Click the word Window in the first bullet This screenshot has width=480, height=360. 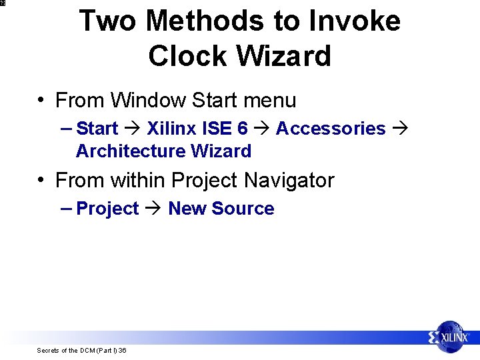[x=148, y=101]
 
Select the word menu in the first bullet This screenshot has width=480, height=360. [x=269, y=101]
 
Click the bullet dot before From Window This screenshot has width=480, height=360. [x=42, y=101]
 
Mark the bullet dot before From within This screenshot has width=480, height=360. [x=42, y=181]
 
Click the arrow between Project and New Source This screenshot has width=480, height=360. [x=153, y=209]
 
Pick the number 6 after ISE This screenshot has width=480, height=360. [x=242, y=129]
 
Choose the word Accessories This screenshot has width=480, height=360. [x=330, y=129]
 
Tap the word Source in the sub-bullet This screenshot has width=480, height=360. [x=243, y=209]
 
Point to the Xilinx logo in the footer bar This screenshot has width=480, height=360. [x=450, y=337]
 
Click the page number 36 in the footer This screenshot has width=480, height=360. [x=123, y=351]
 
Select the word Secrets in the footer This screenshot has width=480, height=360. [x=47, y=351]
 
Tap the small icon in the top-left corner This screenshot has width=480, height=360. [x=3, y=3]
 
